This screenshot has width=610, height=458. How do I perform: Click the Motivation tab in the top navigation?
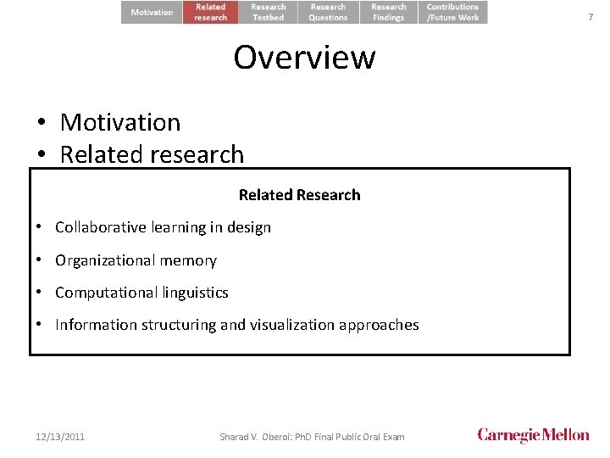click(x=152, y=12)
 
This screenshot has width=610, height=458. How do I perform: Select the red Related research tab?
click(x=211, y=12)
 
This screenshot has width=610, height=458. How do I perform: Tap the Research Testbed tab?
click(x=268, y=12)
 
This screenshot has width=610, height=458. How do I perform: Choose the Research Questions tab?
click(x=328, y=12)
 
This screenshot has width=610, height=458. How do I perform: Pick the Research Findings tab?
click(x=389, y=12)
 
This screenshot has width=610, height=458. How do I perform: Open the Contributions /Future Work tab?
click(x=452, y=12)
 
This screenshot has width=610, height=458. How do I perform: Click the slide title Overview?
click(x=304, y=58)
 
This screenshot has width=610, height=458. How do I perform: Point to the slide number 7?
click(x=591, y=17)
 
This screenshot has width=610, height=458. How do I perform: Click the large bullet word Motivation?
click(x=120, y=122)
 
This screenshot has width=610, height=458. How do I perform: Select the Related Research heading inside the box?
click(x=299, y=195)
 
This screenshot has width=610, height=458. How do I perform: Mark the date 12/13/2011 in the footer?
click(x=60, y=437)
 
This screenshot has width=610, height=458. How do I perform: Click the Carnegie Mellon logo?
click(x=533, y=435)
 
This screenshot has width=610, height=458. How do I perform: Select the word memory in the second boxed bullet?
click(x=194, y=260)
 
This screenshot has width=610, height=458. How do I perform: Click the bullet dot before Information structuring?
click(x=41, y=325)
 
